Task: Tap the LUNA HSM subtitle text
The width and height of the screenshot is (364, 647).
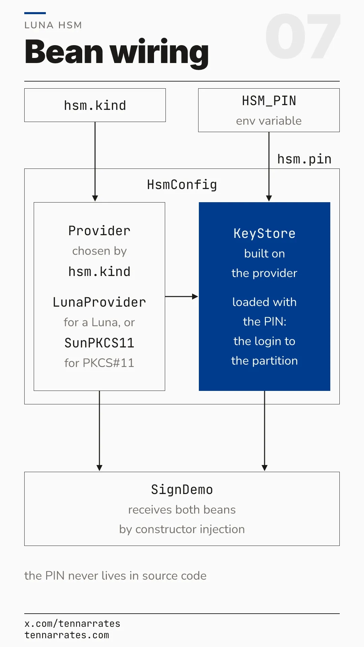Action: point(53,25)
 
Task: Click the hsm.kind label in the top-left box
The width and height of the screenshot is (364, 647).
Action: point(95,105)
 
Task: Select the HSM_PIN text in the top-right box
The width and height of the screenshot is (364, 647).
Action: point(269,101)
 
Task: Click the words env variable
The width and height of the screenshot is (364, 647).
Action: point(269,121)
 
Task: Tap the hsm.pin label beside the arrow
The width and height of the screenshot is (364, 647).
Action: point(304,159)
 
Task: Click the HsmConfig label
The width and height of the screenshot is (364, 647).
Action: point(182,185)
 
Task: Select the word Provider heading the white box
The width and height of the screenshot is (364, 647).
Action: point(99,231)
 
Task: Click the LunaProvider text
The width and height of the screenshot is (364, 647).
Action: point(99,302)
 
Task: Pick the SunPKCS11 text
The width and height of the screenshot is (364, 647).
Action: point(99,343)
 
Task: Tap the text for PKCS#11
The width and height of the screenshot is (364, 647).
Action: point(99,363)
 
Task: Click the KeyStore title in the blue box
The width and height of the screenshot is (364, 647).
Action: point(265,234)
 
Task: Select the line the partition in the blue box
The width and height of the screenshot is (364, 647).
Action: point(265,361)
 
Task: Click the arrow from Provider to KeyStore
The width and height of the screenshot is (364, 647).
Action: point(182,297)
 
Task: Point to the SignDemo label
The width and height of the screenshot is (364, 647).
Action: point(182,490)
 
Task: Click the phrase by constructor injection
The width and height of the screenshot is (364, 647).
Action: point(182,529)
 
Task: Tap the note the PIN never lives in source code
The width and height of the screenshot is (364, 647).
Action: point(115,576)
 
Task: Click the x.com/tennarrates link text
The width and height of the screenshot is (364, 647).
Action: point(72,624)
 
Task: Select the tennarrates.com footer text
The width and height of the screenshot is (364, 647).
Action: point(67,635)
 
